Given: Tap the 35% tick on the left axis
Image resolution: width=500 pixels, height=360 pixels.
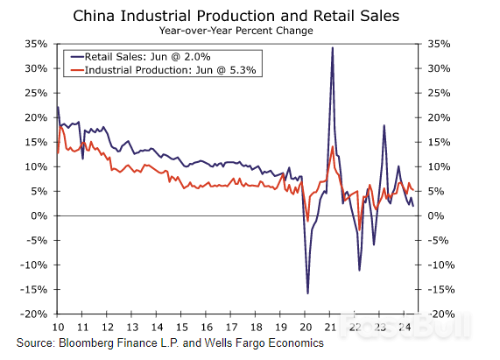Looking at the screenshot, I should click(36, 43).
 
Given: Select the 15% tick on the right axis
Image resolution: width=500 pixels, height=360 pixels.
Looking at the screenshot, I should click(440, 142).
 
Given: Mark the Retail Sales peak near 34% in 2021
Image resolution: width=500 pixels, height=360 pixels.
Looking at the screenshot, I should click(332, 48).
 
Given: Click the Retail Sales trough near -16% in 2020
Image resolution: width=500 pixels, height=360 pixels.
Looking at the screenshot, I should click(307, 293).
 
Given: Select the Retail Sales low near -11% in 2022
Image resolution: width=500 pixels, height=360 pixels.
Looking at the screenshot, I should click(359, 270).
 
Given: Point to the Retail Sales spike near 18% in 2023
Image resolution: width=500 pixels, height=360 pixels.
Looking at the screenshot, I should click(384, 126).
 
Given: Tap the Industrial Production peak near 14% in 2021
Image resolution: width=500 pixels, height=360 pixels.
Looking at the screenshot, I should click(332, 147).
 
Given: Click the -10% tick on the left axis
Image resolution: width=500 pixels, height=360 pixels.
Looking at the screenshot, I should click(34, 265).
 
